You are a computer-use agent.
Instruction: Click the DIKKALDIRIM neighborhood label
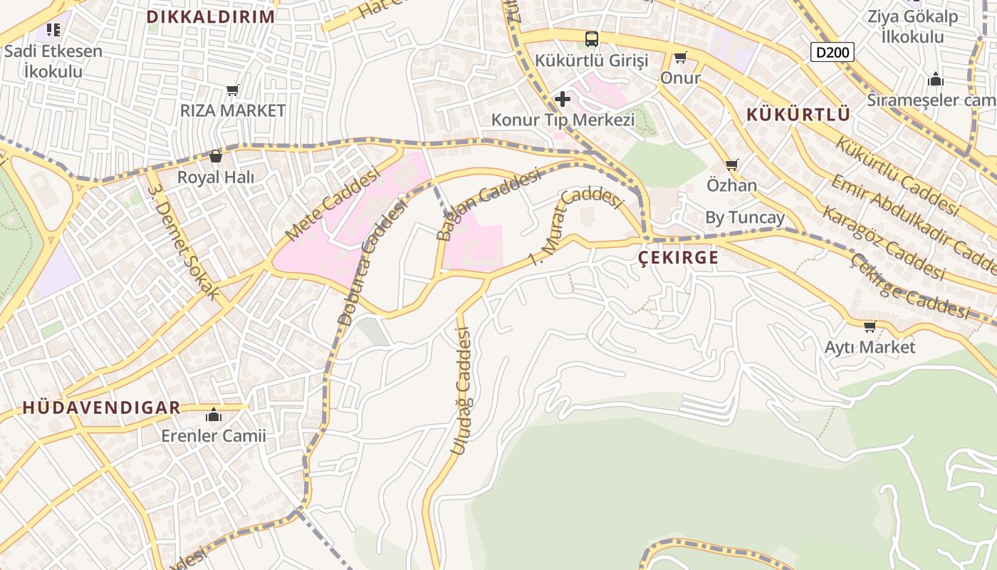click(x=210, y=17)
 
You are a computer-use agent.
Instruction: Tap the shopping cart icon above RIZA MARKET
click(x=232, y=90)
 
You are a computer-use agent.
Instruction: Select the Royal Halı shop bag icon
click(x=215, y=156)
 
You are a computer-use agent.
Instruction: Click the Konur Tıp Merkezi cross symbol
click(x=563, y=99)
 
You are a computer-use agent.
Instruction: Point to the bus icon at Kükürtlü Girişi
click(x=591, y=39)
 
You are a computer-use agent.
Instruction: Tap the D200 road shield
click(x=832, y=52)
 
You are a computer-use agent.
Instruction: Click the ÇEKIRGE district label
click(x=679, y=258)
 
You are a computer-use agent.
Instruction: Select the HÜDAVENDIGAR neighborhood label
click(x=101, y=408)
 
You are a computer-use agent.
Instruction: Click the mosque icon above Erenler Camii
click(x=213, y=415)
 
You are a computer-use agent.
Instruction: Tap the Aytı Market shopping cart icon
click(x=869, y=327)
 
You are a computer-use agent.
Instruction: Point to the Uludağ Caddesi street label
click(x=464, y=390)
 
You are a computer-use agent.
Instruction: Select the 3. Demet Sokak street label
click(x=182, y=241)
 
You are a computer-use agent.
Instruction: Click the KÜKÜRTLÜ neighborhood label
click(x=798, y=115)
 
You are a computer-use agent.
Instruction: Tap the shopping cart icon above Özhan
click(x=731, y=165)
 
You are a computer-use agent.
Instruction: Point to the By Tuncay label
click(x=745, y=217)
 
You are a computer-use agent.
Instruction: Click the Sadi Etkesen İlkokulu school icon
click(x=53, y=30)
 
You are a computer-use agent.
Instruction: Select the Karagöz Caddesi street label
click(x=883, y=242)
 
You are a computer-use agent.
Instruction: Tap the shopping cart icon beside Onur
click(x=681, y=58)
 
